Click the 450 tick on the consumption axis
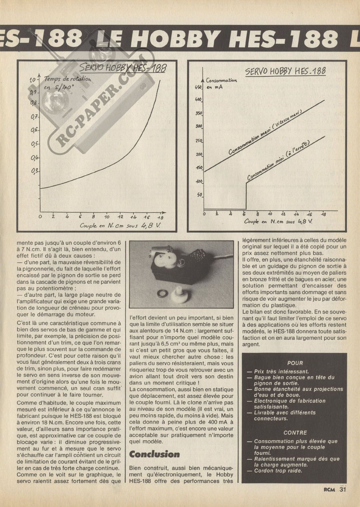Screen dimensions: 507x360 click(199, 87)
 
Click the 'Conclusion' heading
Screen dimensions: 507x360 click(154, 454)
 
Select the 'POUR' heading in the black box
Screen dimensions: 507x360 click(295, 363)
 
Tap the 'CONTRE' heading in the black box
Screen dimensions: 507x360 click(295, 433)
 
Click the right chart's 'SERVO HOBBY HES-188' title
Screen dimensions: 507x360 click(286, 71)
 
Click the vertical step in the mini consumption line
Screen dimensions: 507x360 click(246, 195)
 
